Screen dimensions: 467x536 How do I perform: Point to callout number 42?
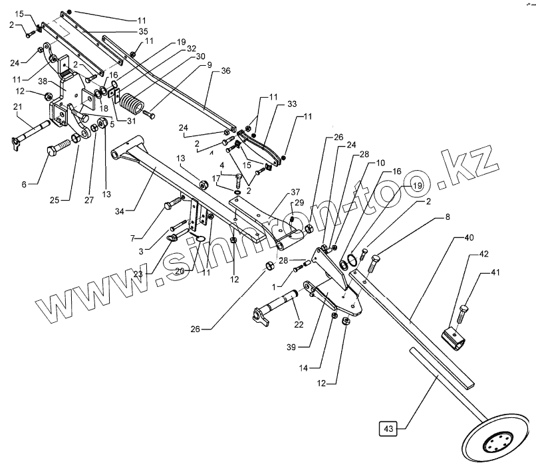[483, 253]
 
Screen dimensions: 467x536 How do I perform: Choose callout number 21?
[18, 108]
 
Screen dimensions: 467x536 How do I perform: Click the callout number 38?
[42, 82]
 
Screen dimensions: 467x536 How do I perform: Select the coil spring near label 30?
[134, 106]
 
